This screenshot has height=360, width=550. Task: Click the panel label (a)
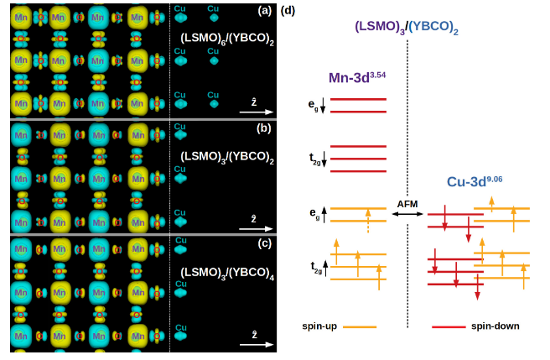click(x=265, y=11)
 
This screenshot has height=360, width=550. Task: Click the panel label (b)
click(x=265, y=128)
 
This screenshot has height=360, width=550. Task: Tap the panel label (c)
click(x=265, y=243)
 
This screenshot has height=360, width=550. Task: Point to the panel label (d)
click(x=288, y=11)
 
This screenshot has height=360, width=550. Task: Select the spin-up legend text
click(x=319, y=326)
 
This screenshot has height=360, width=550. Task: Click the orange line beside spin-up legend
click(x=360, y=326)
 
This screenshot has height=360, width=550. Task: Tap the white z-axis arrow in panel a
click(x=256, y=110)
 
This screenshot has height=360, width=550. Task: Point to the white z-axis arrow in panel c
click(x=256, y=344)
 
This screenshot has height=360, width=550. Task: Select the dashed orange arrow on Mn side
click(x=367, y=227)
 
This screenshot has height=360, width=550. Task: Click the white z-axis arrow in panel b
click(x=256, y=227)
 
